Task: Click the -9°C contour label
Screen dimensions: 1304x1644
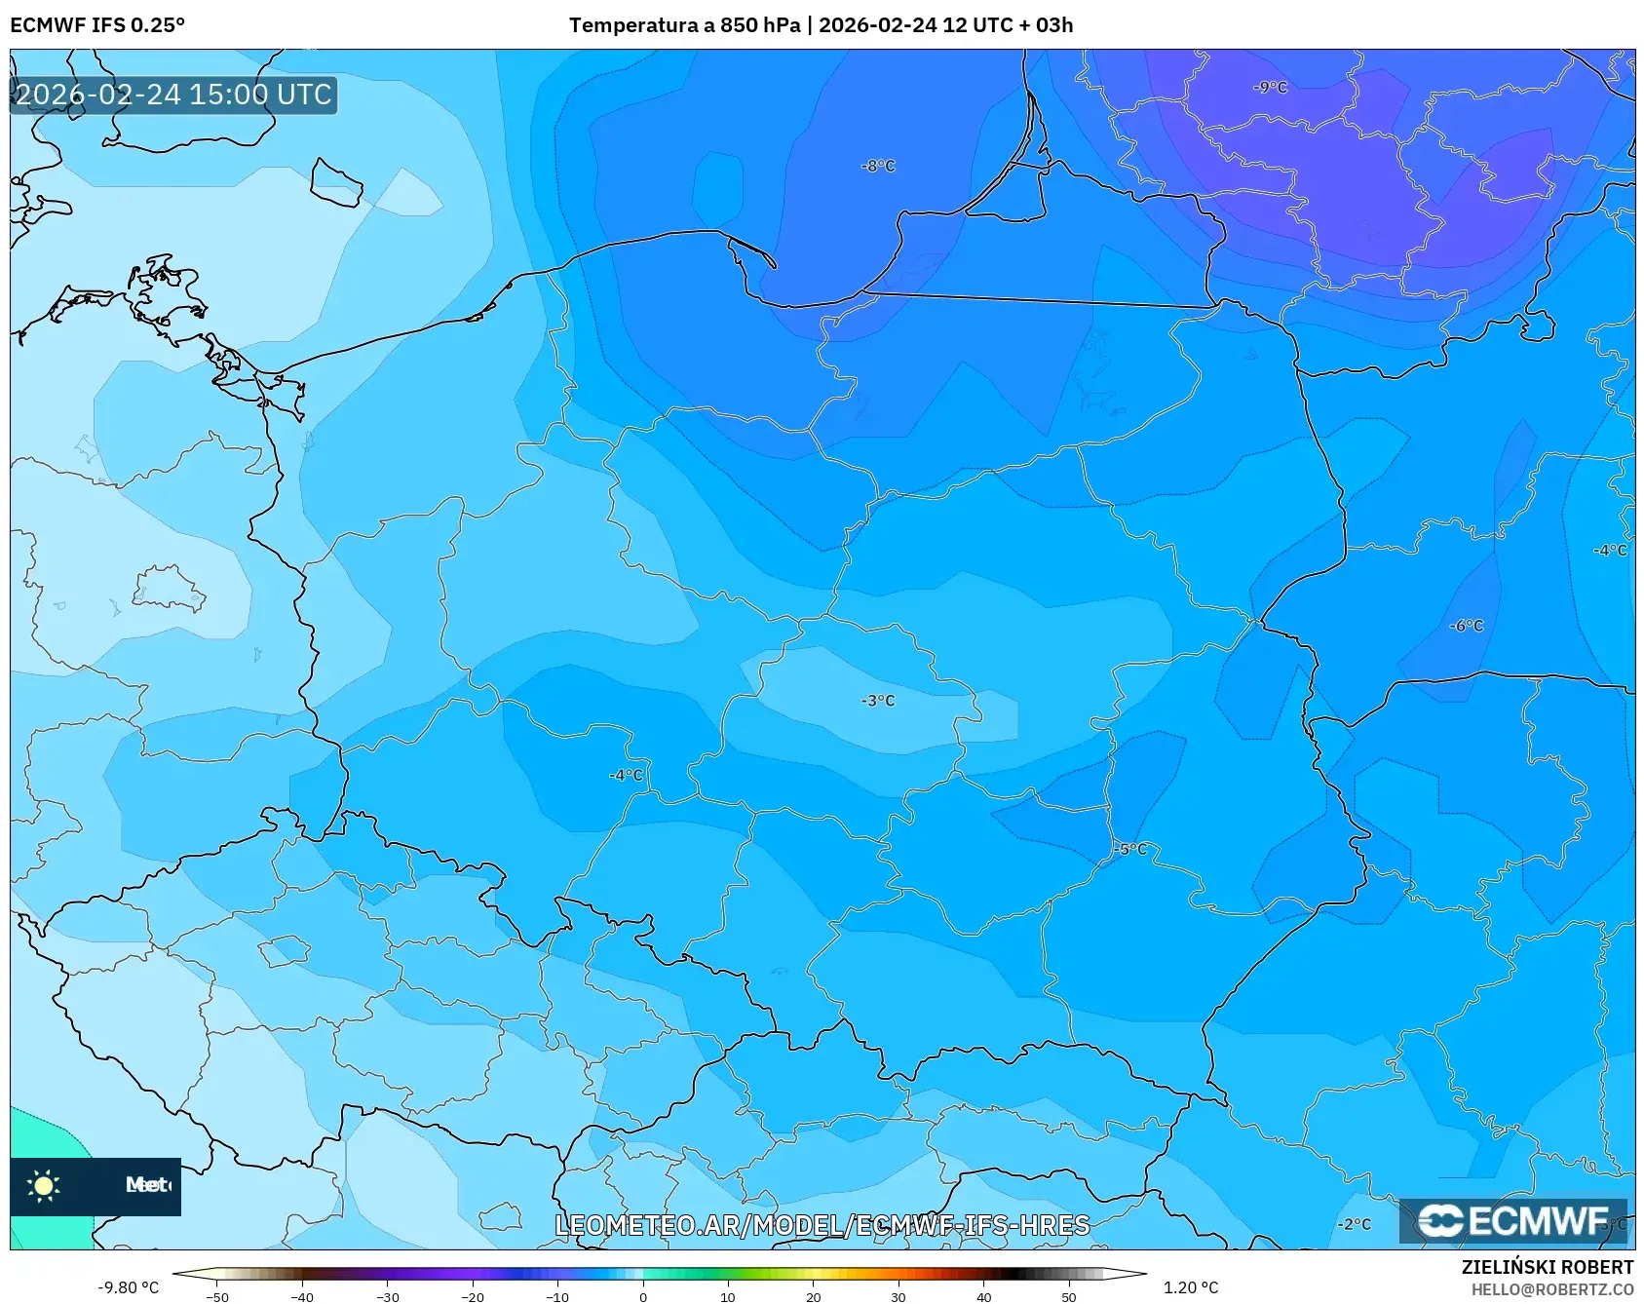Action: [x=1270, y=88]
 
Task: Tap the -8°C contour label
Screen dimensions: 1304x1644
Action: [x=877, y=167]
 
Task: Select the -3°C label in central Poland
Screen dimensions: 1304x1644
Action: [x=877, y=701]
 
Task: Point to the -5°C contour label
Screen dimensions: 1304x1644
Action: [x=1130, y=850]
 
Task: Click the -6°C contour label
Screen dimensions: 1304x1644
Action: [x=1466, y=626]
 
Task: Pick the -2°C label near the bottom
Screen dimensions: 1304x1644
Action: [x=1354, y=1224]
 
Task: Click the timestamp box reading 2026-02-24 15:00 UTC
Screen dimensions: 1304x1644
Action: [x=173, y=95]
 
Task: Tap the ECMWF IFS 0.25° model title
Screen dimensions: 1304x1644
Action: [x=97, y=25]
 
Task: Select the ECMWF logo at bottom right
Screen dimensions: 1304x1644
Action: [x=1512, y=1221]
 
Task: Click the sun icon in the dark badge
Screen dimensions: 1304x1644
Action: [x=44, y=1185]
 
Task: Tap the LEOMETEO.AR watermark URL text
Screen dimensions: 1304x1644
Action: [x=822, y=1225]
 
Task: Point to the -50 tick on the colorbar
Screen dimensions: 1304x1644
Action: [x=217, y=1297]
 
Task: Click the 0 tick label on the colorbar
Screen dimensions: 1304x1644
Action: [x=642, y=1297]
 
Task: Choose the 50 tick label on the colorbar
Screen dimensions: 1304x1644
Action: [x=1068, y=1297]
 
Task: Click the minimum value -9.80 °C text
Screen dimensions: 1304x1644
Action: [x=128, y=1287]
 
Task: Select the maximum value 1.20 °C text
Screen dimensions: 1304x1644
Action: [x=1190, y=1287]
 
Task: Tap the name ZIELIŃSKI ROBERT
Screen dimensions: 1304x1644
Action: [x=1547, y=1267]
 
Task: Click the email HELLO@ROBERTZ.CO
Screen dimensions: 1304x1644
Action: [x=1551, y=1289]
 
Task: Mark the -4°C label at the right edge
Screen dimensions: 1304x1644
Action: [x=1609, y=551]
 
